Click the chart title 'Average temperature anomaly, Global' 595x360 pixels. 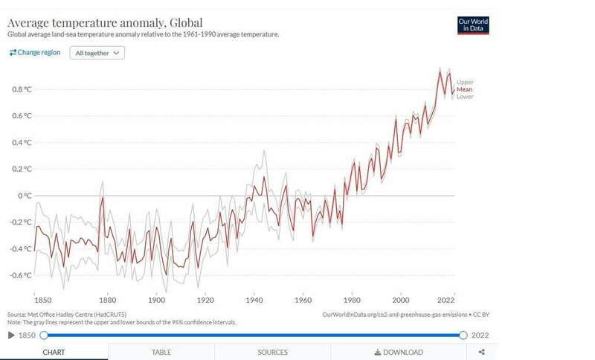tap(105, 22)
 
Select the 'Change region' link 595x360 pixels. tap(36, 53)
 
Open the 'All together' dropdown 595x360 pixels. tap(97, 53)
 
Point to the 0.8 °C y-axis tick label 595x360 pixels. tap(22, 89)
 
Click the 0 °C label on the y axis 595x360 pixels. tap(24, 196)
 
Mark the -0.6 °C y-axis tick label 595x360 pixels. tap(20, 275)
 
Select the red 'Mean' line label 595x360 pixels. tap(464, 89)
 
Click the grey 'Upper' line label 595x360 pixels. tap(465, 82)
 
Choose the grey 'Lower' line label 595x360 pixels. tap(465, 97)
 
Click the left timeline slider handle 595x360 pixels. tap(43, 335)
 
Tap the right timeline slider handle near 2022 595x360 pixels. tap(463, 335)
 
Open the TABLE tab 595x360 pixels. tap(161, 352)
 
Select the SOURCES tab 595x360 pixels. tap(272, 352)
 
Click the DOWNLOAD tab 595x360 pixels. tap(399, 352)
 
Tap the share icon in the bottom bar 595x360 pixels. tap(482, 352)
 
